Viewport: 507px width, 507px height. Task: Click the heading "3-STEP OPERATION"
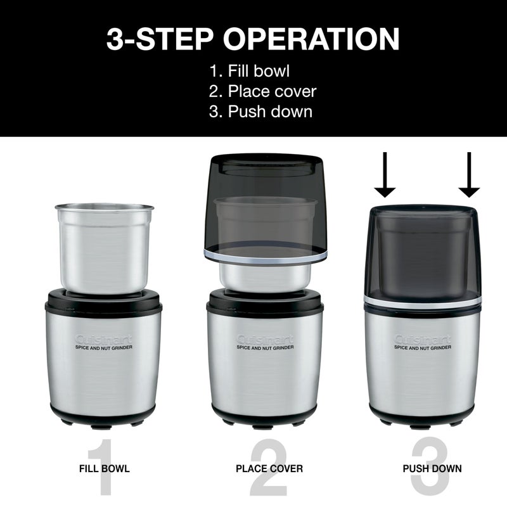pos(253,39)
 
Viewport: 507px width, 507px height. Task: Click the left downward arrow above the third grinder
pos(385,175)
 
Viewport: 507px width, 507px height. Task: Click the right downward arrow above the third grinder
pos(469,175)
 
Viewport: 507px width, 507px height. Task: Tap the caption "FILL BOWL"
pos(105,469)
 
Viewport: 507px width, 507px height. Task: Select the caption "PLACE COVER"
pos(269,469)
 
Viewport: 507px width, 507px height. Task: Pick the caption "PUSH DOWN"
pos(432,469)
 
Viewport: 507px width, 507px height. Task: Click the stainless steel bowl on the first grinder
pos(105,247)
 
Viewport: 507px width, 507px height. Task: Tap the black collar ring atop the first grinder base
pos(105,298)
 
